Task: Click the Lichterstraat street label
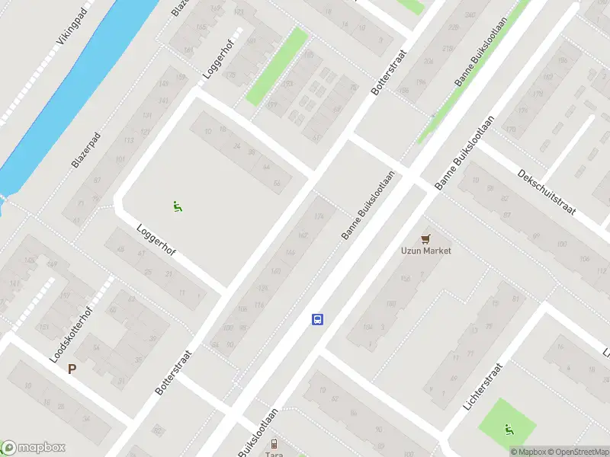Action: (x=485, y=387)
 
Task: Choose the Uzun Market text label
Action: (x=426, y=251)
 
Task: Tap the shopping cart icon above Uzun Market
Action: (x=425, y=238)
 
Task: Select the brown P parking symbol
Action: (x=72, y=369)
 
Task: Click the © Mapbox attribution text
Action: (x=531, y=452)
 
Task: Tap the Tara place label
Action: (x=274, y=454)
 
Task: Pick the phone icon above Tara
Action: (x=274, y=443)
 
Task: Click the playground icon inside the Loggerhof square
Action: (x=177, y=206)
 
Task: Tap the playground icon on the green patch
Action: (x=509, y=429)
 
